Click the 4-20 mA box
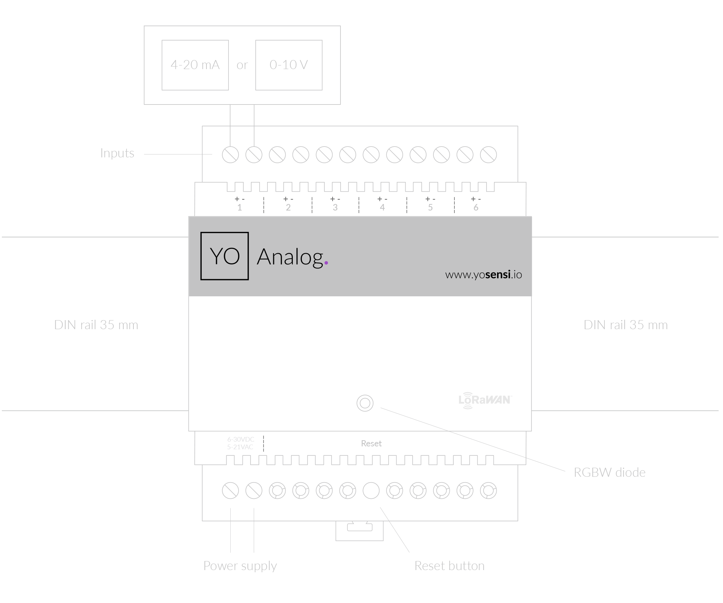[x=195, y=65]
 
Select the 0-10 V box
[x=289, y=65]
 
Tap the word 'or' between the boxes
[x=242, y=65]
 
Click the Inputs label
[x=117, y=153]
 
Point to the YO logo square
[x=224, y=256]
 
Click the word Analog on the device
[x=290, y=257]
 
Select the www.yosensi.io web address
[x=483, y=275]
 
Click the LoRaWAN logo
[x=484, y=400]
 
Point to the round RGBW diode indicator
[x=365, y=403]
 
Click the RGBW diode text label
[x=609, y=472]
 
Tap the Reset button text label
[x=449, y=566]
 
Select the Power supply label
[x=240, y=566]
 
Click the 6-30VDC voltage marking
[x=241, y=439]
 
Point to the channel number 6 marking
[x=476, y=208]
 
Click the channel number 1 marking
[x=239, y=208]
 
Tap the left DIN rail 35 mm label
[x=96, y=325]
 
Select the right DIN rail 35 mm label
[x=625, y=325]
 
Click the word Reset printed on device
[x=371, y=443]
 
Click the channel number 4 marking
[x=382, y=208]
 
